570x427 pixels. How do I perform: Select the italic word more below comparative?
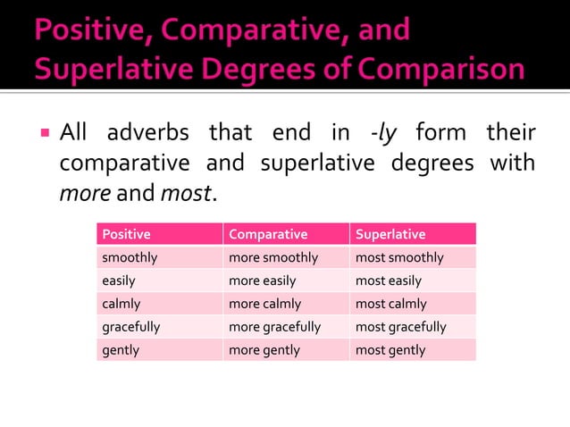click(x=85, y=192)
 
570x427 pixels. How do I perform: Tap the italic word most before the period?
click(x=184, y=192)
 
